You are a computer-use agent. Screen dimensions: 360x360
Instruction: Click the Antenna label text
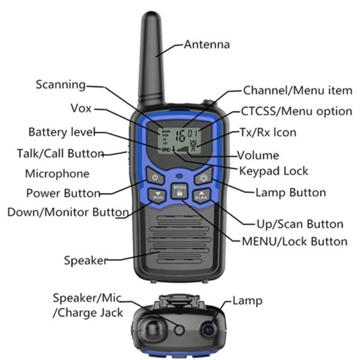[x=206, y=44]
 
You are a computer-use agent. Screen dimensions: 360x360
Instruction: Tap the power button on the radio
[x=155, y=178]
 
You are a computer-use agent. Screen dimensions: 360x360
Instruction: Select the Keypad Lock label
[x=274, y=171]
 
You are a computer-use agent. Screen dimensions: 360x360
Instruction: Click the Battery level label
[x=60, y=132]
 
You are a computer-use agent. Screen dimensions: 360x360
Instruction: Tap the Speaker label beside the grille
[x=85, y=260]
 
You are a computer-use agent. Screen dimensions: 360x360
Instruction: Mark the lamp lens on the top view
[x=208, y=329]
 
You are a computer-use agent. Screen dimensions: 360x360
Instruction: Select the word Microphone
[x=57, y=174]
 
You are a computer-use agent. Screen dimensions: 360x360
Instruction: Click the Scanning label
[x=61, y=85]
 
